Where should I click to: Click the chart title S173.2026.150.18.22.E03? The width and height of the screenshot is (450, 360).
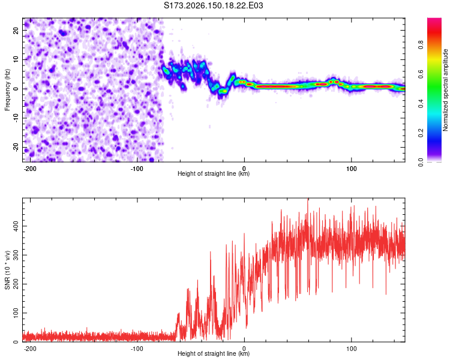[x=213, y=5]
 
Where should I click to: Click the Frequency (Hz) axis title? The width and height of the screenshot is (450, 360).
[x=7, y=89]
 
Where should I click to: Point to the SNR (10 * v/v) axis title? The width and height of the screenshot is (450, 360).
[x=7, y=270]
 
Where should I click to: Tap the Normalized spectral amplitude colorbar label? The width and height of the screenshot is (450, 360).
[x=445, y=90]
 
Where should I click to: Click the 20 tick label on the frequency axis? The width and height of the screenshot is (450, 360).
[x=16, y=30]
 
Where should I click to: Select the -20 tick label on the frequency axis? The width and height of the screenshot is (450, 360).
[x=16, y=148]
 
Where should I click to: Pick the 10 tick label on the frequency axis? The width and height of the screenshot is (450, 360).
[x=16, y=59]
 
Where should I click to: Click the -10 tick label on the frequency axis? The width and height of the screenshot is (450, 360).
[x=16, y=118]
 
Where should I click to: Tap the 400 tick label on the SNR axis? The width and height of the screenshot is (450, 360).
[x=16, y=226]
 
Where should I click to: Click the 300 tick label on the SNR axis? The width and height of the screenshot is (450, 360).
[x=16, y=255]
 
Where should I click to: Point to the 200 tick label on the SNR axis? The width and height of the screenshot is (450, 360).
[x=16, y=284]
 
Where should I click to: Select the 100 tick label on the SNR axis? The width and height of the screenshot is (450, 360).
[x=16, y=313]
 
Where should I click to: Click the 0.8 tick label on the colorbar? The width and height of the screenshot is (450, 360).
[x=421, y=45]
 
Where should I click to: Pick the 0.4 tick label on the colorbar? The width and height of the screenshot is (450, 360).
[x=421, y=104]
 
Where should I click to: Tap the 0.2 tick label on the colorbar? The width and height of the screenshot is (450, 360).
[x=421, y=133]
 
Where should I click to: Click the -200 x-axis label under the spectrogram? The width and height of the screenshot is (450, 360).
[x=29, y=169]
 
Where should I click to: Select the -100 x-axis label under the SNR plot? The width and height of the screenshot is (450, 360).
[x=137, y=349]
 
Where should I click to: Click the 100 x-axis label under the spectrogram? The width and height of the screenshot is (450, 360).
[x=351, y=169]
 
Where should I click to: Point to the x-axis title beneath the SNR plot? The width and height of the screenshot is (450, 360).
[x=214, y=353]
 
